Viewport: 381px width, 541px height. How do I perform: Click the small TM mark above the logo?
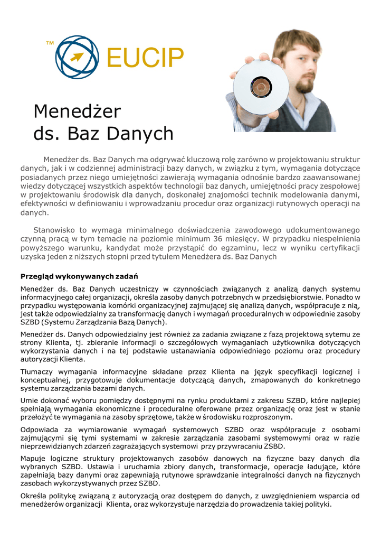click(x=50, y=42)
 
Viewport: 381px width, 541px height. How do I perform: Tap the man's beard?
click(x=304, y=85)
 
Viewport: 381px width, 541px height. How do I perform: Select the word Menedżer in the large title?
click(x=77, y=111)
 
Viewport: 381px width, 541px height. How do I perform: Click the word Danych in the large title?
click(x=140, y=134)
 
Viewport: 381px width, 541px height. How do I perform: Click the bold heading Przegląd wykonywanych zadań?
click(x=79, y=276)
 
